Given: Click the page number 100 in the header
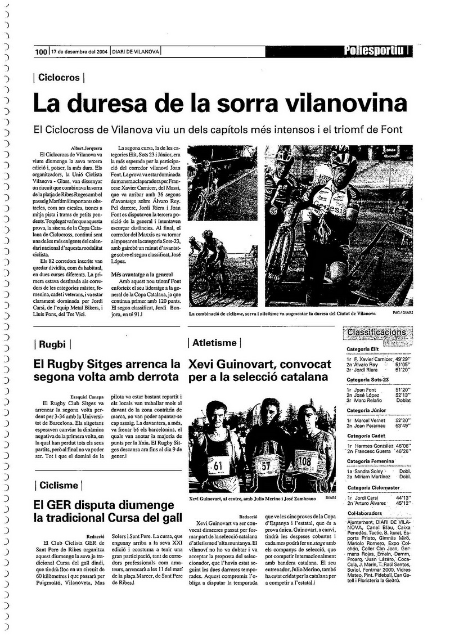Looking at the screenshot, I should point(41,52).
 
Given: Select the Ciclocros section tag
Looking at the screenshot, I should point(59,78).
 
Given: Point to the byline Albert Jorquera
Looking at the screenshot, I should point(87,147).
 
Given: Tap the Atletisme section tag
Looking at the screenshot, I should point(214,343).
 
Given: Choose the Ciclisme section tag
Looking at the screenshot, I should point(59,485).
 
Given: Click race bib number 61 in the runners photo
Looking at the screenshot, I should point(218,465).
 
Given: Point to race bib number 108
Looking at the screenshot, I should point(304,462).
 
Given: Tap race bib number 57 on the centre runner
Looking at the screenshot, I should point(265,466).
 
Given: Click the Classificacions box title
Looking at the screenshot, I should point(376,333).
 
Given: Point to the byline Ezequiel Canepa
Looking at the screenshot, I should point(87,397).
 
